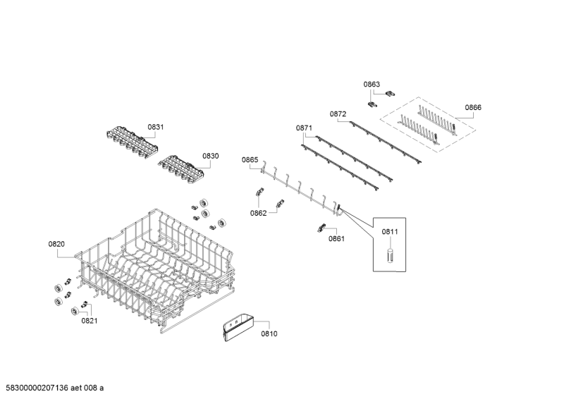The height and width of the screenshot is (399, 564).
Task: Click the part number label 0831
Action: pyautogui.click(x=155, y=127)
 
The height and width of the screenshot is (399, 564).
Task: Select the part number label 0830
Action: pyautogui.click(x=211, y=156)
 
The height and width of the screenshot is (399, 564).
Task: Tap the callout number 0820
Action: pyautogui.click(x=56, y=244)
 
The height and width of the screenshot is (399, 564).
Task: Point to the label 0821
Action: pyautogui.click(x=89, y=321)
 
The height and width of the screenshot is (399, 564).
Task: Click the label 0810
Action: pyautogui.click(x=269, y=333)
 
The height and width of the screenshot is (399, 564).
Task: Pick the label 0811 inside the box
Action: pyautogui.click(x=390, y=231)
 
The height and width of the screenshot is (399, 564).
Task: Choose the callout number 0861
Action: pyautogui.click(x=336, y=239)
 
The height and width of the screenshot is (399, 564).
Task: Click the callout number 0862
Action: pyautogui.click(x=258, y=213)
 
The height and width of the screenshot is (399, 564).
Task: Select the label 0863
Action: pyautogui.click(x=372, y=85)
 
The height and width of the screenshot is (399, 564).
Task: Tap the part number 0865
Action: pyautogui.click(x=250, y=160)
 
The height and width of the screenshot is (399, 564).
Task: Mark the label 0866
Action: pyautogui.click(x=473, y=108)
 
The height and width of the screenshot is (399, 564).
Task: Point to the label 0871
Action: pyautogui.click(x=304, y=128)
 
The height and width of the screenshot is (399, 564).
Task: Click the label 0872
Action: pyautogui.click(x=338, y=113)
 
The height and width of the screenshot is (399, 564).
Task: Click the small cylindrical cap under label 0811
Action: pyautogui.click(x=389, y=254)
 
